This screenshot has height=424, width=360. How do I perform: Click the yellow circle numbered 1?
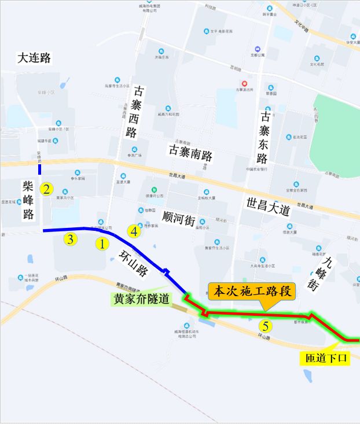(102, 244)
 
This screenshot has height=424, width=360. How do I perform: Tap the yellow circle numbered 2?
(46, 189)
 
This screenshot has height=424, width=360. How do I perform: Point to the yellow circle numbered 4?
(134, 231)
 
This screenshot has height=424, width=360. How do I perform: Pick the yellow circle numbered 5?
(265, 325)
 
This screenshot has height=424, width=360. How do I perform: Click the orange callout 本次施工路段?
(252, 292)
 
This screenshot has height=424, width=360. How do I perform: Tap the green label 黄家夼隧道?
(141, 298)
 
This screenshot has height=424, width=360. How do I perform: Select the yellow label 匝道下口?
(327, 358)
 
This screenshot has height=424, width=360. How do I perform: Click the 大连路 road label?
(35, 58)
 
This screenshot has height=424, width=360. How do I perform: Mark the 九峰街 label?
(328, 272)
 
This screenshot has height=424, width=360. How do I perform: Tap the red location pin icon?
(244, 83)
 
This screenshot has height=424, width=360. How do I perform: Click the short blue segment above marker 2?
(40, 169)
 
